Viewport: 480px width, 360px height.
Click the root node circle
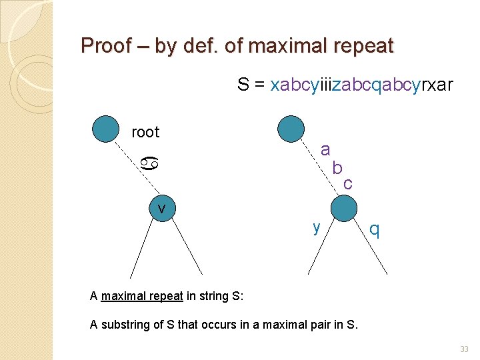[105, 129]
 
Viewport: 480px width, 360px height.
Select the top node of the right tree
[290, 129]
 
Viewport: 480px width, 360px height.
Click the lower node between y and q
[344, 208]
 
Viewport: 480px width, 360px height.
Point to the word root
[145, 132]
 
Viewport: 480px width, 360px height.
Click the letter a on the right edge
[325, 149]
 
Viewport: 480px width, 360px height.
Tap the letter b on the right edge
[337, 167]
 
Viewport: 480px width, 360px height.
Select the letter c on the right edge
[348, 183]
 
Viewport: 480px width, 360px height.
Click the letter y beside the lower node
[317, 227]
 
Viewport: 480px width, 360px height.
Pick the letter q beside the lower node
[375, 229]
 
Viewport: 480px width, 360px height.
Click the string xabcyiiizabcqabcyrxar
[361, 85]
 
